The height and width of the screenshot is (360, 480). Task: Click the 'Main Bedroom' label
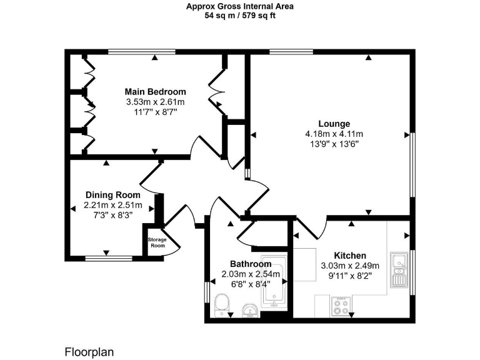pos(155,91)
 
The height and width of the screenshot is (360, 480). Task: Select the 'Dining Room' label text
pos(113,194)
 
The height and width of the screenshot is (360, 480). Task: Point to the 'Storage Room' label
pos(156,242)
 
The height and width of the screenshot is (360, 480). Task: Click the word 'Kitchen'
pos(350,255)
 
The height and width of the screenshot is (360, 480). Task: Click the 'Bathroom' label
pos(250,264)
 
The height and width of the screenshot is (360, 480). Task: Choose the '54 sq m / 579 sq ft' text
pos(240,16)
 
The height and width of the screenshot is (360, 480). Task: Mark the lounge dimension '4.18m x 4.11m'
pos(334,134)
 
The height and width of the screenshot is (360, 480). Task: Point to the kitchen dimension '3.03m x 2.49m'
pos(350,266)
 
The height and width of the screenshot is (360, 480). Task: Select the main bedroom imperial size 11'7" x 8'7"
pos(155,112)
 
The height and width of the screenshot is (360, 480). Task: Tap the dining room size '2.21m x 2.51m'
pos(113,205)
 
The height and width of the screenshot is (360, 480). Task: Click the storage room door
pos(173,244)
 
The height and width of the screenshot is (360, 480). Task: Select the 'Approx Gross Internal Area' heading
pos(240,7)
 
